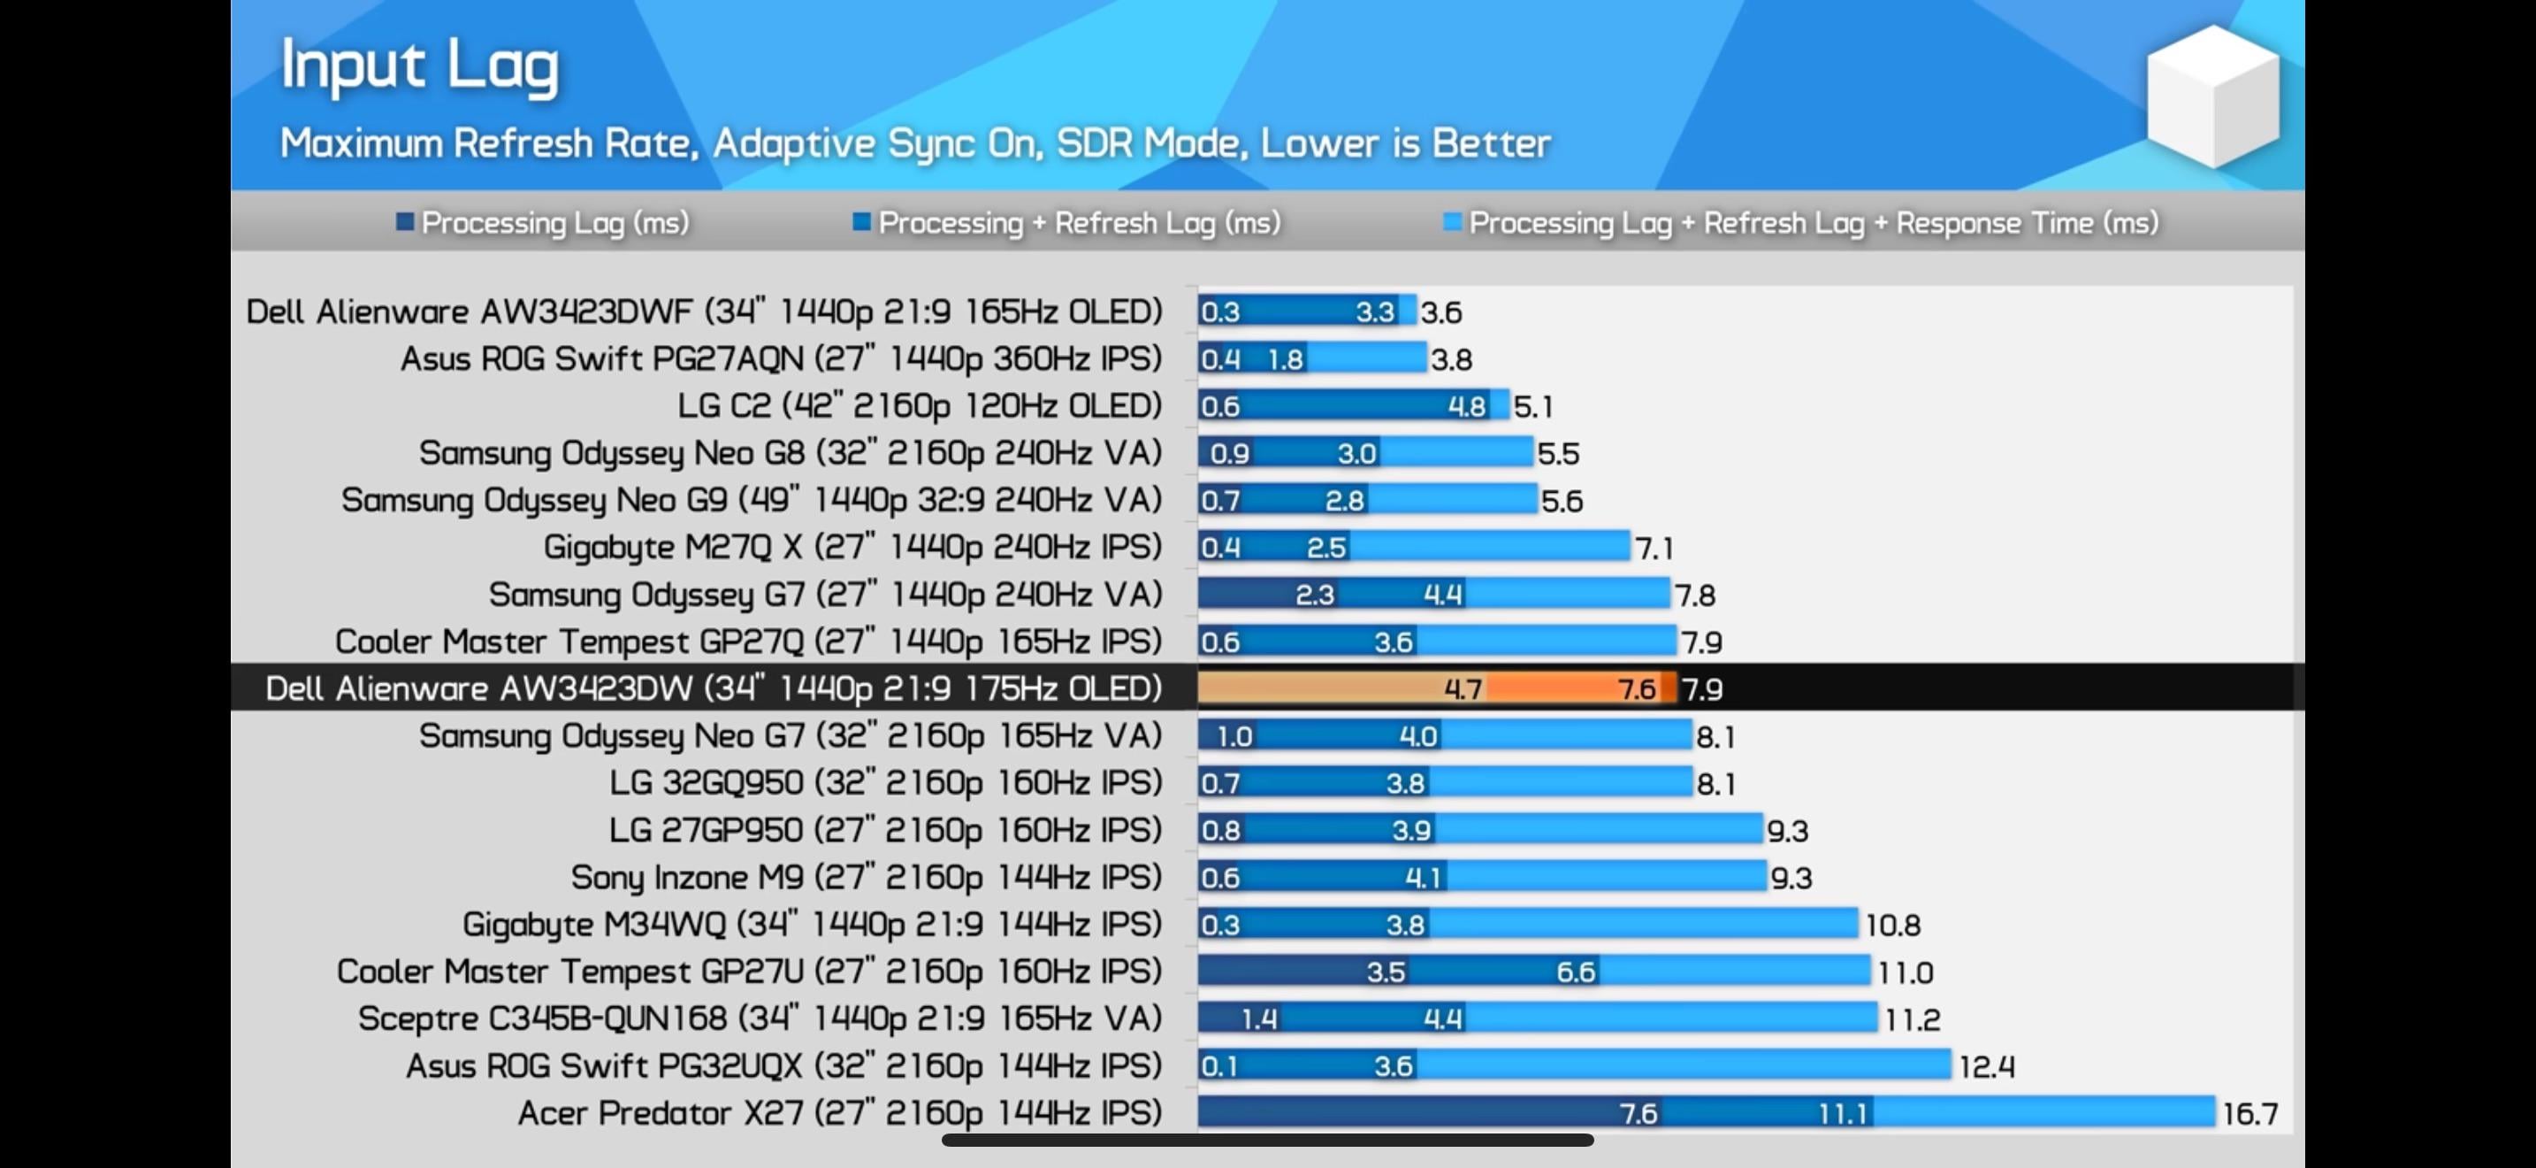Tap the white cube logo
pyautogui.click(x=2212, y=96)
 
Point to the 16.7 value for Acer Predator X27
pyautogui.click(x=2250, y=1114)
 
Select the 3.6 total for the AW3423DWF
pyautogui.click(x=1440, y=313)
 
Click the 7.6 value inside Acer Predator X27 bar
pyautogui.click(x=1638, y=1114)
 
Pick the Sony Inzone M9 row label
pyautogui.click(x=866, y=878)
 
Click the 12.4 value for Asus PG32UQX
pyautogui.click(x=1986, y=1066)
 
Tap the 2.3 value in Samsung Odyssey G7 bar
pyautogui.click(x=1314, y=595)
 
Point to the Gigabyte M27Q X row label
pyautogui.click(x=852, y=548)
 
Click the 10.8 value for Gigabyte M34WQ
pyautogui.click(x=1892, y=925)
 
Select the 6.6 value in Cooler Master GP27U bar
pyautogui.click(x=1575, y=972)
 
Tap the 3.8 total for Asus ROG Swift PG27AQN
pyautogui.click(x=1451, y=359)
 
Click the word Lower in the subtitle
pyautogui.click(x=1319, y=143)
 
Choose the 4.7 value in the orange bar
pyautogui.click(x=1462, y=689)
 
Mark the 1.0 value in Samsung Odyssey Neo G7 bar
pyautogui.click(x=1234, y=737)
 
